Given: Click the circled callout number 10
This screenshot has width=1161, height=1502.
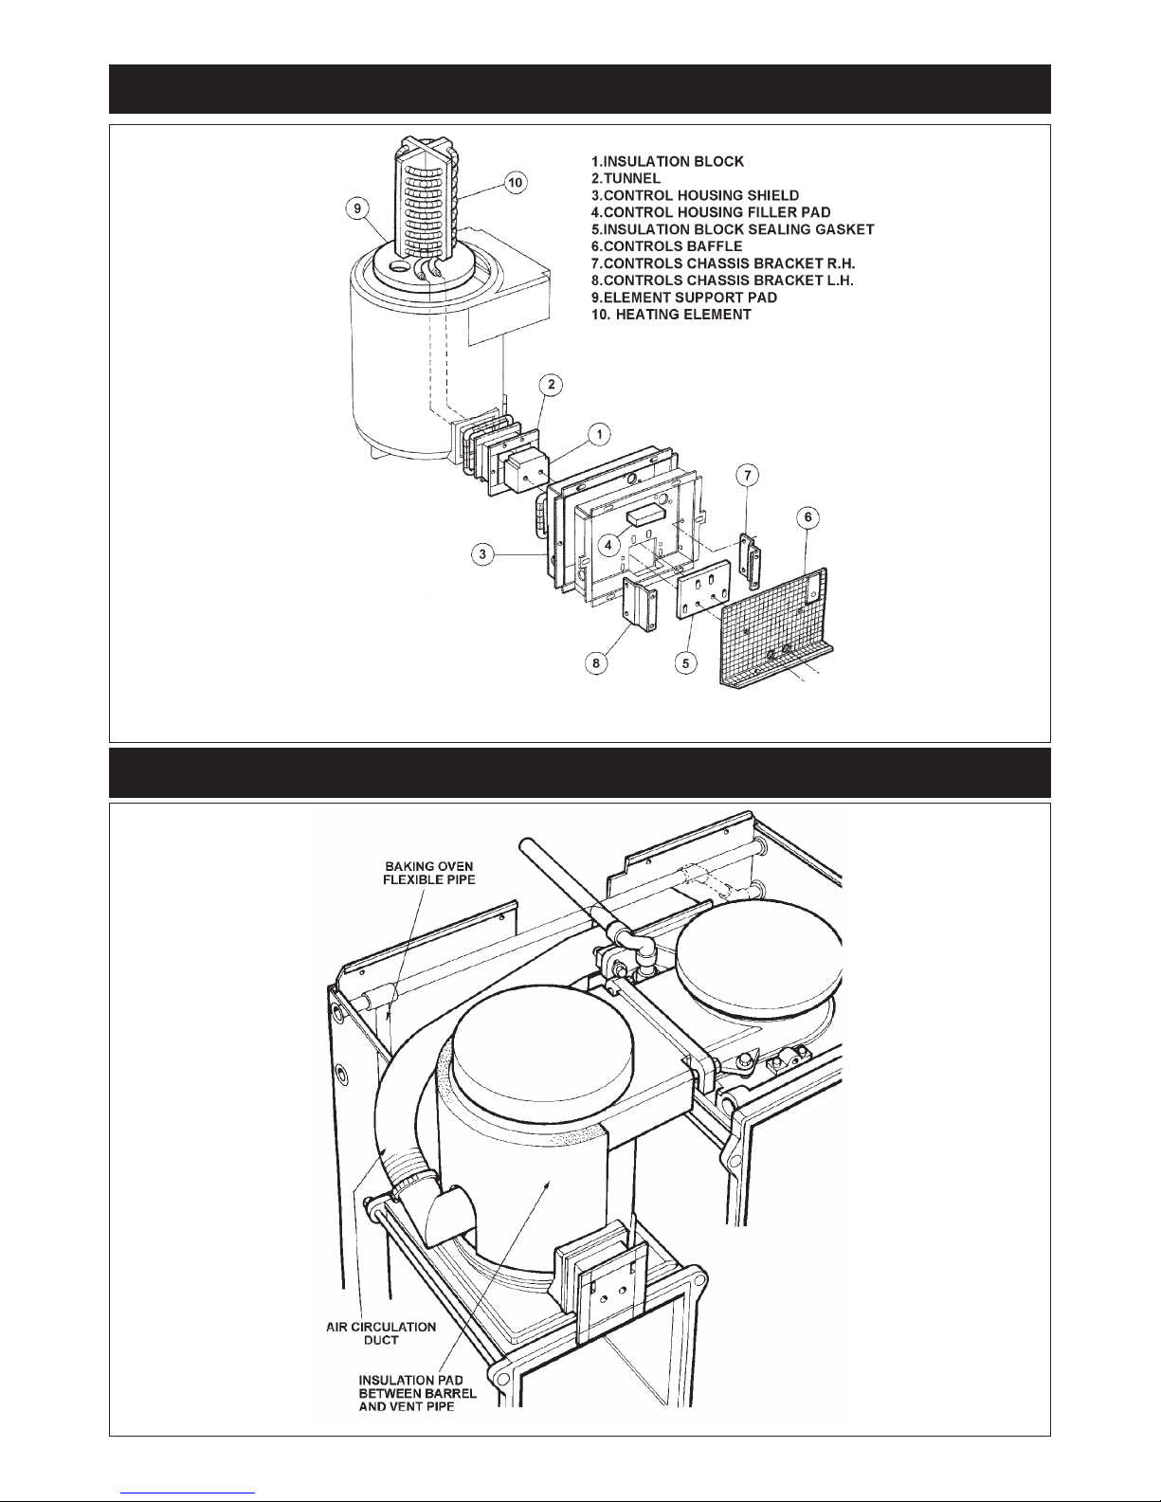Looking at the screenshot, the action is [x=515, y=183].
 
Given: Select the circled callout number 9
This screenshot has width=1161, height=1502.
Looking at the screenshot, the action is [x=357, y=208].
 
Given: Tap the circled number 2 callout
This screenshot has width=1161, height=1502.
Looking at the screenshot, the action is [x=551, y=385].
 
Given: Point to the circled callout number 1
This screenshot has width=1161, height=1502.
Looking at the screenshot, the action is [x=599, y=435].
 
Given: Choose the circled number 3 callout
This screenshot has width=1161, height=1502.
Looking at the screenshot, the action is [x=482, y=553].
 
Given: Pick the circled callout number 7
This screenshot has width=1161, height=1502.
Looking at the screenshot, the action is [x=747, y=475].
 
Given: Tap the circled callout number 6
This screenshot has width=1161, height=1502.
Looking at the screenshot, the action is [x=807, y=517].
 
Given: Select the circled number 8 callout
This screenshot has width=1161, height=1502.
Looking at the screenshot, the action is [x=596, y=663].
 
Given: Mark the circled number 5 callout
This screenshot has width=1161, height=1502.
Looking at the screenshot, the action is [x=685, y=663].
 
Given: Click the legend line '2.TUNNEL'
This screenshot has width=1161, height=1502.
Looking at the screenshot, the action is [x=626, y=178].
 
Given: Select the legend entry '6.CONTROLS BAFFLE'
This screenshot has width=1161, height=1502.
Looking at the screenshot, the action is [x=667, y=246].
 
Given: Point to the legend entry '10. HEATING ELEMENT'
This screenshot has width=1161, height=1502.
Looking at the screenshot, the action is [x=671, y=315].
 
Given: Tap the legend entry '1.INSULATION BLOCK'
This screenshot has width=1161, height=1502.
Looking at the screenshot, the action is [x=667, y=162].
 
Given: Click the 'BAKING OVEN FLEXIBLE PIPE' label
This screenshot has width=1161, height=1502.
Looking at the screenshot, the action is [x=429, y=873].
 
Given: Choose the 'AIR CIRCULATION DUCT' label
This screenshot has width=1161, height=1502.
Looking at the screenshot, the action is [x=381, y=1333].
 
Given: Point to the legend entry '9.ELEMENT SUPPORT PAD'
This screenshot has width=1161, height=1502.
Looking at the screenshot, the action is [x=684, y=298].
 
